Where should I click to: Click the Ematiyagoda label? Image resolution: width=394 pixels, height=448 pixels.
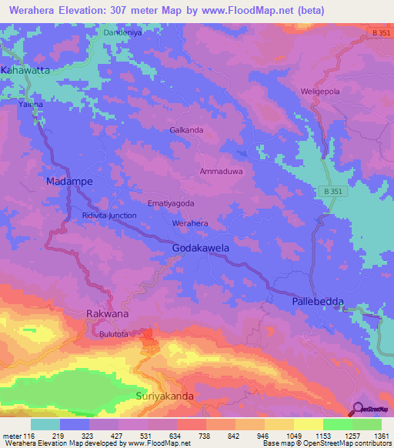[x=170, y=203]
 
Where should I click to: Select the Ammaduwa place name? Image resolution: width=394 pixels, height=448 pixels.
[x=221, y=172]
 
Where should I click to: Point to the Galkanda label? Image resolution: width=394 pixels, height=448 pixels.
[x=186, y=130]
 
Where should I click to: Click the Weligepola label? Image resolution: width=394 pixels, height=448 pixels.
[x=319, y=92]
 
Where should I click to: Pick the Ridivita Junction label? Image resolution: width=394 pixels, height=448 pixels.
[x=109, y=216]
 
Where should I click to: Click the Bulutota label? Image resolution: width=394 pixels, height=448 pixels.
[x=114, y=335]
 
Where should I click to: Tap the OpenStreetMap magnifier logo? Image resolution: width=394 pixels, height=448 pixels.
[x=358, y=408]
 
